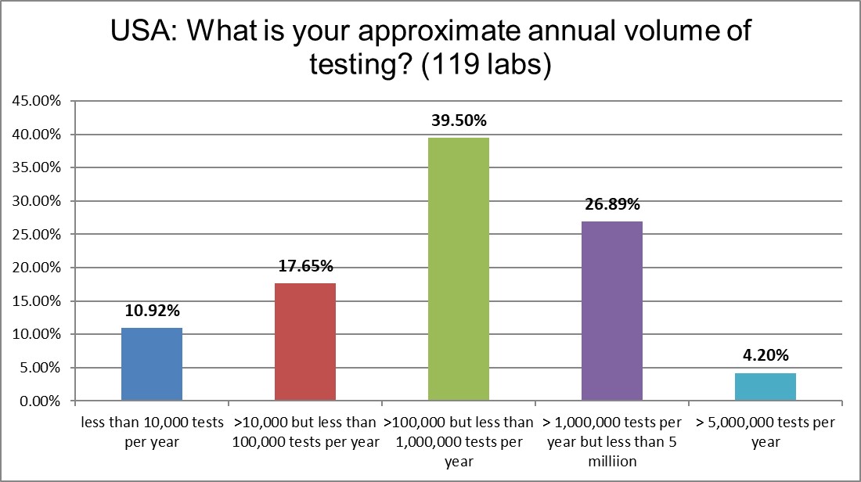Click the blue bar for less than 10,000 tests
(153, 365)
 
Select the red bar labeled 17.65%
(305, 342)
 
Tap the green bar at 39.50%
(459, 269)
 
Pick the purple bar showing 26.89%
(612, 311)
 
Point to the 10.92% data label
(153, 311)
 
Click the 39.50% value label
(459, 121)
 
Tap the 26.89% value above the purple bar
(612, 205)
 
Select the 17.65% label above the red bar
(305, 267)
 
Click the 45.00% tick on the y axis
(38, 101)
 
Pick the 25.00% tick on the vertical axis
(38, 235)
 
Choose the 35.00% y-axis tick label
(38, 167)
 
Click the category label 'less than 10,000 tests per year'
(153, 432)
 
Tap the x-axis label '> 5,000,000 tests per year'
(766, 432)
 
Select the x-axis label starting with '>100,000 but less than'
(459, 423)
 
